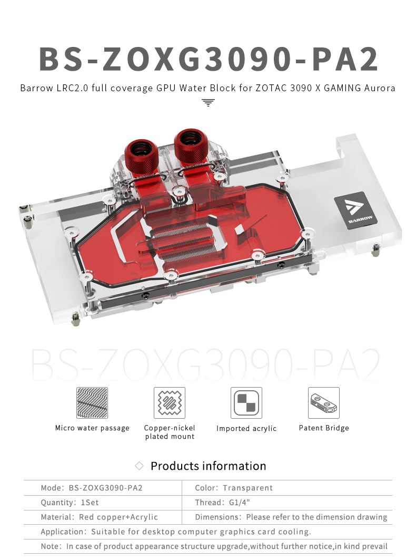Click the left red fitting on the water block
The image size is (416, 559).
tap(141, 156)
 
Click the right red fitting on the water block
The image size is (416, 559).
tap(191, 146)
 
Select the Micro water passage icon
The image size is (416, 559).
tap(92, 403)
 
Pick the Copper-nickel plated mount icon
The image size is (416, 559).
tap(170, 403)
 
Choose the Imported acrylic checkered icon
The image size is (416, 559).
tap(246, 403)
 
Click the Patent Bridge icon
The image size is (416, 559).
tap(324, 403)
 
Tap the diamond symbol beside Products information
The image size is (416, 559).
tap(139, 466)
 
